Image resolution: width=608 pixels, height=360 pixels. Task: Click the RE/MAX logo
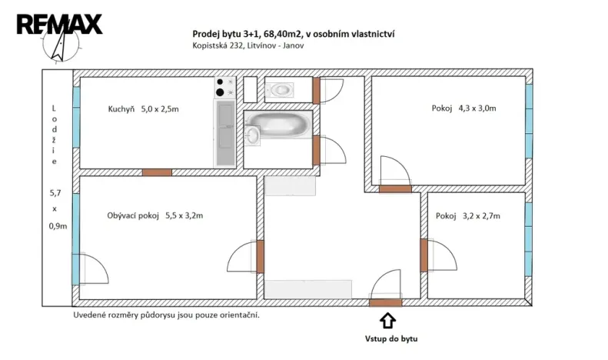point(59,24)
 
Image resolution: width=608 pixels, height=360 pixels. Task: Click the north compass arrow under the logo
point(58,49)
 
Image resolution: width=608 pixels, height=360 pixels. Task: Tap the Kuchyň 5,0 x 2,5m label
point(143,109)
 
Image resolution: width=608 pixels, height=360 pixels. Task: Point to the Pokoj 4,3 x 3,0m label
point(463,108)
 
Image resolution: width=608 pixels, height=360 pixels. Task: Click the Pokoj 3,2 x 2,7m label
point(467,216)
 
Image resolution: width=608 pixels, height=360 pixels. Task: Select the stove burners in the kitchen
point(224,88)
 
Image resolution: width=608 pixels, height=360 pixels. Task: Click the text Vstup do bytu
point(390,338)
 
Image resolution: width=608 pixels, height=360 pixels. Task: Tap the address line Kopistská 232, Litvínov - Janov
point(248,45)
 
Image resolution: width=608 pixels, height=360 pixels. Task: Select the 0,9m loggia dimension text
point(54,226)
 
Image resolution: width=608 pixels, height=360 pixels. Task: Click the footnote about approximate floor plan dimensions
point(166,315)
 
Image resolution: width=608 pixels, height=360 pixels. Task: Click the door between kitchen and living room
point(157,172)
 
